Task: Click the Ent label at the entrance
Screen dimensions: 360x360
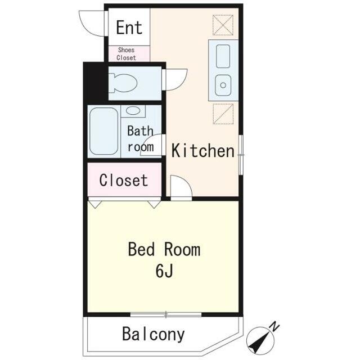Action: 129,28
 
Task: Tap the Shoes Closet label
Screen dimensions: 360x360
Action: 126,54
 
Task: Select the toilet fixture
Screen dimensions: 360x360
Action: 123,83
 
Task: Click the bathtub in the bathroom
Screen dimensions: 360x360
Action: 103,131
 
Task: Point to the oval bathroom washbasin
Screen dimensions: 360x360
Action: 133,111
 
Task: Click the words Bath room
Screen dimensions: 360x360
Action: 141,139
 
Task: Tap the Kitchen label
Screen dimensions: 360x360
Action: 203,151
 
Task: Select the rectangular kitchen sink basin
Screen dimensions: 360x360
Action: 223,56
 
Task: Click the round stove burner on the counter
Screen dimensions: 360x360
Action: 223,85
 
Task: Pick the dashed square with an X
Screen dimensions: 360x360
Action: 223,25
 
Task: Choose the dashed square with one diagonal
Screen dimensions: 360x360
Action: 223,114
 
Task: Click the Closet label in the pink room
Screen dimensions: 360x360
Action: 124,180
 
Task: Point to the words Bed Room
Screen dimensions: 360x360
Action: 164,249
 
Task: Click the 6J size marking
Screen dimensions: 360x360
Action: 164,271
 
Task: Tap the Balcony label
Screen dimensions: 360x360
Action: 154,334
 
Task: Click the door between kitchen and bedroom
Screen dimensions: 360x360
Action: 181,186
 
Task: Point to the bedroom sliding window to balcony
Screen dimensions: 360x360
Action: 166,314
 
